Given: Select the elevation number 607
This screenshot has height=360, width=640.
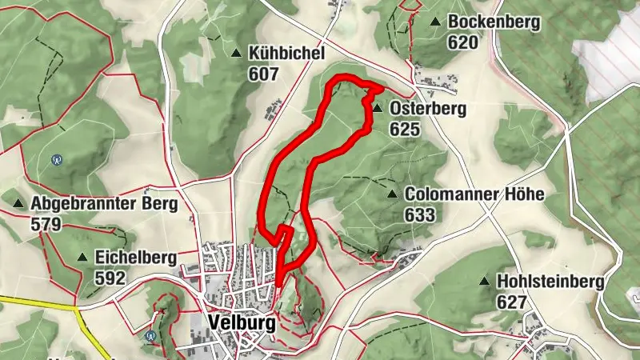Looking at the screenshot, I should point(263,74).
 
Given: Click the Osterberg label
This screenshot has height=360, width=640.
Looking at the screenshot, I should point(427,108).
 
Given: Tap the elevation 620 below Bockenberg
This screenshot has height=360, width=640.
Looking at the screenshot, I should point(462,42).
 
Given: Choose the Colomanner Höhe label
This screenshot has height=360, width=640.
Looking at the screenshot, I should point(474,194).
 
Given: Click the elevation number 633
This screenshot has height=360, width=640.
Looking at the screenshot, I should point(420,214).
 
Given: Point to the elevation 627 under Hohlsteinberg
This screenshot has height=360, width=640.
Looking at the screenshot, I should point(512,302).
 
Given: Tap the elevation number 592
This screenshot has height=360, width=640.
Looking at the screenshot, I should point(110,278).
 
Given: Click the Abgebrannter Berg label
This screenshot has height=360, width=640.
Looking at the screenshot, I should point(104,204).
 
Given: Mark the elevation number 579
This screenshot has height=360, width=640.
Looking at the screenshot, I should point(46,224).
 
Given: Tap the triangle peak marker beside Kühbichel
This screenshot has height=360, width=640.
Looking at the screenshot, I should point(236,54).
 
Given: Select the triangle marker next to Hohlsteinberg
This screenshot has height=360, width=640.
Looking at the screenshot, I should point(484,282).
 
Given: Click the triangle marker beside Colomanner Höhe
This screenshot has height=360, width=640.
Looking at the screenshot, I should point(392,194).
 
